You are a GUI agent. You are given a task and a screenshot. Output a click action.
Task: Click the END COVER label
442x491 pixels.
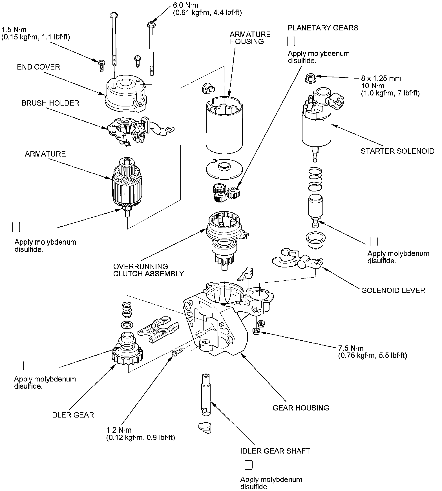pos(38,67)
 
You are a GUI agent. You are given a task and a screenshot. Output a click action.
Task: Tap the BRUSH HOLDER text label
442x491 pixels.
pos(50,103)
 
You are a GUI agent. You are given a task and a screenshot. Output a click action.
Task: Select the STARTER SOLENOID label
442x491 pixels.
pos(397,151)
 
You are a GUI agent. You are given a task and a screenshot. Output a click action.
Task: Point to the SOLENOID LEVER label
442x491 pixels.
pos(394,291)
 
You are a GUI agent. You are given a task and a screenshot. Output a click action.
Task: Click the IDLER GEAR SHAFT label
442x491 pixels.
pos(275,451)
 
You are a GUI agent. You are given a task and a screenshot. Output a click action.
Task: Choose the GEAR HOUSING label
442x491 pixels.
pos(301,408)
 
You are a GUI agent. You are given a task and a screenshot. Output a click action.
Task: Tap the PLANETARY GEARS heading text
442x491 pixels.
pos(323,28)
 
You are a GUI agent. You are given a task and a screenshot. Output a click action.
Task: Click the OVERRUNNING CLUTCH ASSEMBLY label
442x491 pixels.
pos(149,270)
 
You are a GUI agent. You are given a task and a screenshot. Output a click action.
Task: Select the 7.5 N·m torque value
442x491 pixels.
pos(351,348)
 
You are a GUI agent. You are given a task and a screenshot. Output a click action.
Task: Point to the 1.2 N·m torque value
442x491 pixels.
pos(119,430)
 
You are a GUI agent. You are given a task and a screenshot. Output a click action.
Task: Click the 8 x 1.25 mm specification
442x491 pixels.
pos(381,78)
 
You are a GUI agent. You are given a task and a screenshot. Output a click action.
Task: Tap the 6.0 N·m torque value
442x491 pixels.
pos(185,5)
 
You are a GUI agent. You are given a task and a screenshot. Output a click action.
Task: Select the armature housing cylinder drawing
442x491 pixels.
pos(224,127)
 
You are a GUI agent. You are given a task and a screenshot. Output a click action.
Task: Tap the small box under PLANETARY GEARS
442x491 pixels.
pos(291,41)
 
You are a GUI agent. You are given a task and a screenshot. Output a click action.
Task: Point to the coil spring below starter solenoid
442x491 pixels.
pos(315,179)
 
